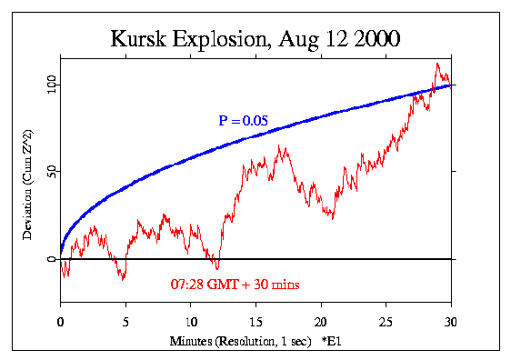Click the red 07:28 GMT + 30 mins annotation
235,285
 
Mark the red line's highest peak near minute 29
437,64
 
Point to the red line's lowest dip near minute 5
124,279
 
